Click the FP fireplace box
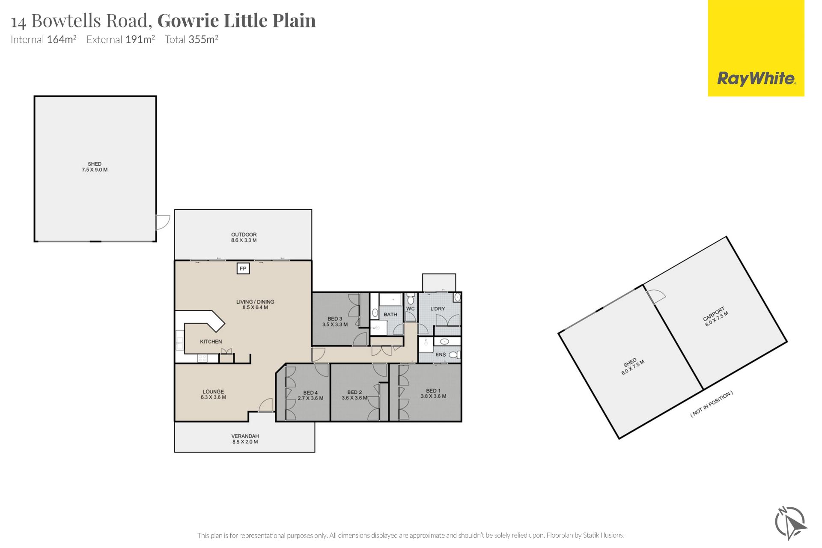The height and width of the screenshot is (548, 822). (243, 268)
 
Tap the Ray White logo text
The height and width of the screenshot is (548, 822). (756, 78)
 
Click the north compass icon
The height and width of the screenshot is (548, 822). (790, 523)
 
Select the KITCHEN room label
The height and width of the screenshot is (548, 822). (211, 342)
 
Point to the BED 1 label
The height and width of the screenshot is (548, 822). (432, 390)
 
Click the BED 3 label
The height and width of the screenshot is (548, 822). (335, 319)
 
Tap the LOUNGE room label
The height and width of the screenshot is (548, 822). (213, 391)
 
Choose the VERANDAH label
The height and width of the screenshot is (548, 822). (245, 436)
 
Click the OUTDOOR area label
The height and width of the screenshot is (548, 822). (244, 235)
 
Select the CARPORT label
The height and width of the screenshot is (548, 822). (714, 314)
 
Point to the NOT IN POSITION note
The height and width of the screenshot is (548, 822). (712, 404)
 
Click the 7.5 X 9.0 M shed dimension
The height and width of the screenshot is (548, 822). (95, 170)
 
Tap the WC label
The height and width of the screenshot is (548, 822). (410, 309)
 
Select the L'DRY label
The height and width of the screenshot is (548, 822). (438, 309)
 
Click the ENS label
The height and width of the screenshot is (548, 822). (441, 354)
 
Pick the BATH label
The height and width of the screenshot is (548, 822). (390, 314)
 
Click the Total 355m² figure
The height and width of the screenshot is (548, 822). (191, 39)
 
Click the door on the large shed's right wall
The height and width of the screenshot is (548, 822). (163, 222)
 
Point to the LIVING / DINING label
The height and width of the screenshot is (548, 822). (255, 302)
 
